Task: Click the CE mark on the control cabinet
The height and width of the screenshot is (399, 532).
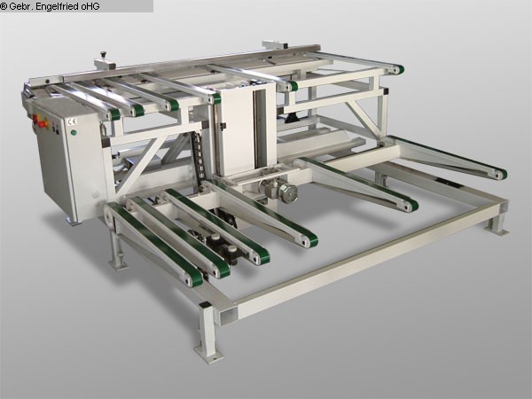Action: pos(73,121)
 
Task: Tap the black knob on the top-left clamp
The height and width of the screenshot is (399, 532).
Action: pos(102,54)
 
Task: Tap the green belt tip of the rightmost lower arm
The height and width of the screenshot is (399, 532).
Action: pos(501,174)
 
